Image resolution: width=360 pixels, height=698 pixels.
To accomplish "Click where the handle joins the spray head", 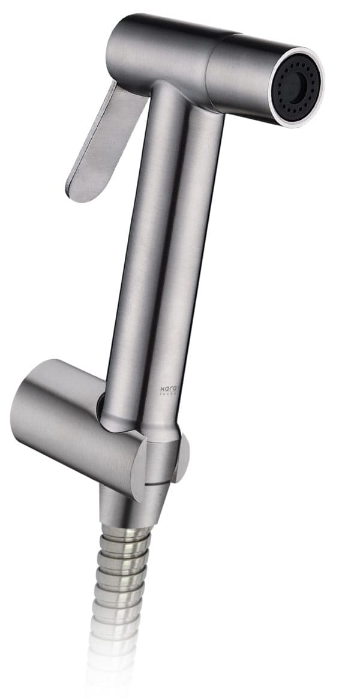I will (x=180, y=99).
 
